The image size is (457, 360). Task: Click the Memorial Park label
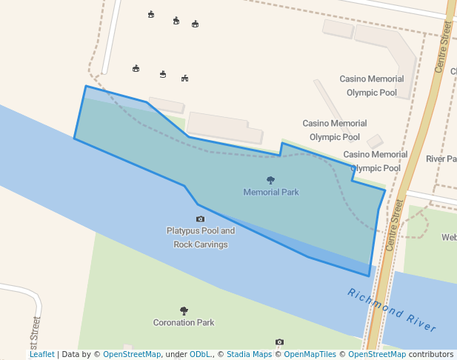pos(271,192)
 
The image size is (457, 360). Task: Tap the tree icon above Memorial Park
pos(270,180)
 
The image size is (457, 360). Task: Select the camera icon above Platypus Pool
pos(200,219)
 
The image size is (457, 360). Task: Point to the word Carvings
pos(211,244)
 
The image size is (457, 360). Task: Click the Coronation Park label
pos(184,322)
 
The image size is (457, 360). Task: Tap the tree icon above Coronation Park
pos(184,310)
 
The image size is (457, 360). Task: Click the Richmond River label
pos(392,309)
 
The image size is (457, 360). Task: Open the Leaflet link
pos(41,354)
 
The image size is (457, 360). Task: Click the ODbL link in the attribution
pos(199,354)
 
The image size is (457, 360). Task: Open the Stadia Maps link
pos(249,354)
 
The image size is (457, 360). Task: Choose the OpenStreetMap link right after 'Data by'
pos(132,354)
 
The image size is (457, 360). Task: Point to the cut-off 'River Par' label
pos(441,159)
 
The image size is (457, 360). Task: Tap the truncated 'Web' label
pos(449,237)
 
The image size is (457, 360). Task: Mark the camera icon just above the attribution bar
pos(279,341)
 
